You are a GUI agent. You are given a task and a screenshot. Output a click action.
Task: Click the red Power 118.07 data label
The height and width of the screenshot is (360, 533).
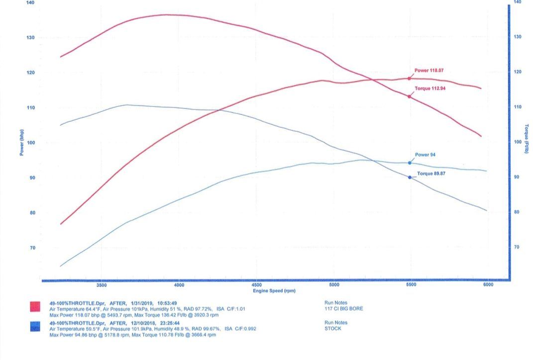point(428,71)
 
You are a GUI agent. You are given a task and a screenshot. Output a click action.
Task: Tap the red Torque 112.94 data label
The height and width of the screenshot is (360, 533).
point(430,89)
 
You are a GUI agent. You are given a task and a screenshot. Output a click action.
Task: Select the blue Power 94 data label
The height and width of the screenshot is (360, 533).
point(425,155)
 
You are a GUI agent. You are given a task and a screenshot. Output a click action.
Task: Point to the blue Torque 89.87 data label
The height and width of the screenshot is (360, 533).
point(431,173)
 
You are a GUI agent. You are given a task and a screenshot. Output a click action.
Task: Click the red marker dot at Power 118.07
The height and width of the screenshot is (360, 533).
point(410,78)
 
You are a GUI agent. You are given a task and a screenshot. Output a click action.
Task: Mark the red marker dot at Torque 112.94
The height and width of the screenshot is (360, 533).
point(410,96)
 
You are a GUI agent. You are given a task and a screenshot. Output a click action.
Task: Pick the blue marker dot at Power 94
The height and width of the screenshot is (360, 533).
point(410,163)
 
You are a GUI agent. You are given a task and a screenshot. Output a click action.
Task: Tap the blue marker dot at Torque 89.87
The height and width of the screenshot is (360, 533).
point(410,177)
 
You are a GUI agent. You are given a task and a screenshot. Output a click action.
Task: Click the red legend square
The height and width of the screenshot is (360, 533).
point(35,306)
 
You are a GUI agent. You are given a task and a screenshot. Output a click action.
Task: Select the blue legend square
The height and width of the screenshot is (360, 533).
point(35,326)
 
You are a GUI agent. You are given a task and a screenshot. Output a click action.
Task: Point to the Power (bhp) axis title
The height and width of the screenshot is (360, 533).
point(22,141)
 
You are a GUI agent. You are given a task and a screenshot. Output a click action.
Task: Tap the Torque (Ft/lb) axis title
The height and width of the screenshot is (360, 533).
point(526,139)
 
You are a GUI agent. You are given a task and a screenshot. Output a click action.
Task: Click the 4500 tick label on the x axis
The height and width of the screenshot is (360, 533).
point(257,285)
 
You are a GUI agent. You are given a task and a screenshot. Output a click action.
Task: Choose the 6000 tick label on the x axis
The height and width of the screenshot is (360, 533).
point(488,285)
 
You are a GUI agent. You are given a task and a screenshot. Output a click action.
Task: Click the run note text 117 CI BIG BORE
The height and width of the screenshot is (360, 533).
point(343,309)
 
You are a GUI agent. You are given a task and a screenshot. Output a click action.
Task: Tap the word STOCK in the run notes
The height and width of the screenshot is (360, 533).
point(332,329)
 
